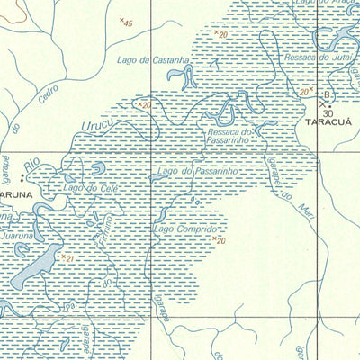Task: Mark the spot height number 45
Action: coord(127,22)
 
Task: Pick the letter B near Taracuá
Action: coord(327,94)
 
